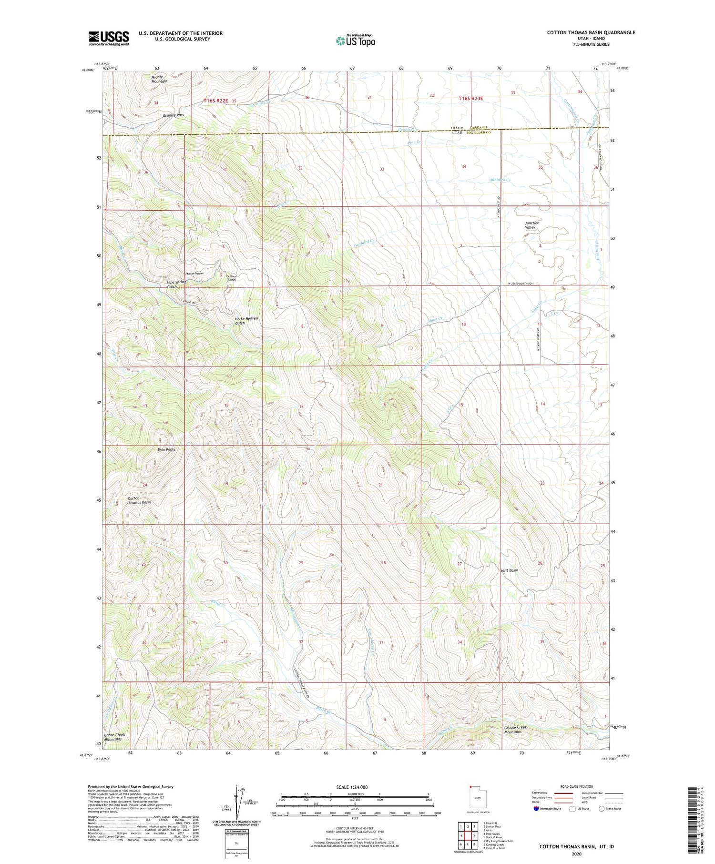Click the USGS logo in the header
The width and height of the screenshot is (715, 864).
click(109, 38)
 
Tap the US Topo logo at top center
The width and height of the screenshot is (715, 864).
click(355, 41)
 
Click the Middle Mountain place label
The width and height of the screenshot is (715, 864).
click(159, 79)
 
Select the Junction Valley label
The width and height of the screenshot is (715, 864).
click(532, 225)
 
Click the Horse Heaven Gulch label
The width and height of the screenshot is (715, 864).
click(246, 320)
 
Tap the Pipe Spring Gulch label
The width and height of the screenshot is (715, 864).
click(176, 284)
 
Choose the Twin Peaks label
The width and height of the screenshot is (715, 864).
click(166, 449)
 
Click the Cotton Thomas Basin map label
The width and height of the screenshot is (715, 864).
click(139, 500)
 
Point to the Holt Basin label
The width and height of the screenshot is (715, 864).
click(509, 570)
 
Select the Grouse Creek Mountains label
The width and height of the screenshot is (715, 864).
click(515, 729)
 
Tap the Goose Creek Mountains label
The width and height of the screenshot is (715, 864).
click(114, 737)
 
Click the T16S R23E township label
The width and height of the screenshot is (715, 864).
click(470, 99)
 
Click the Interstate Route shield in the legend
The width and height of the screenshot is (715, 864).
click(536, 809)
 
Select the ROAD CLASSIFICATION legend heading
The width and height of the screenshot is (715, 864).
click(576, 786)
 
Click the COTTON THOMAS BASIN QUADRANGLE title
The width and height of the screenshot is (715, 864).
click(591, 32)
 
